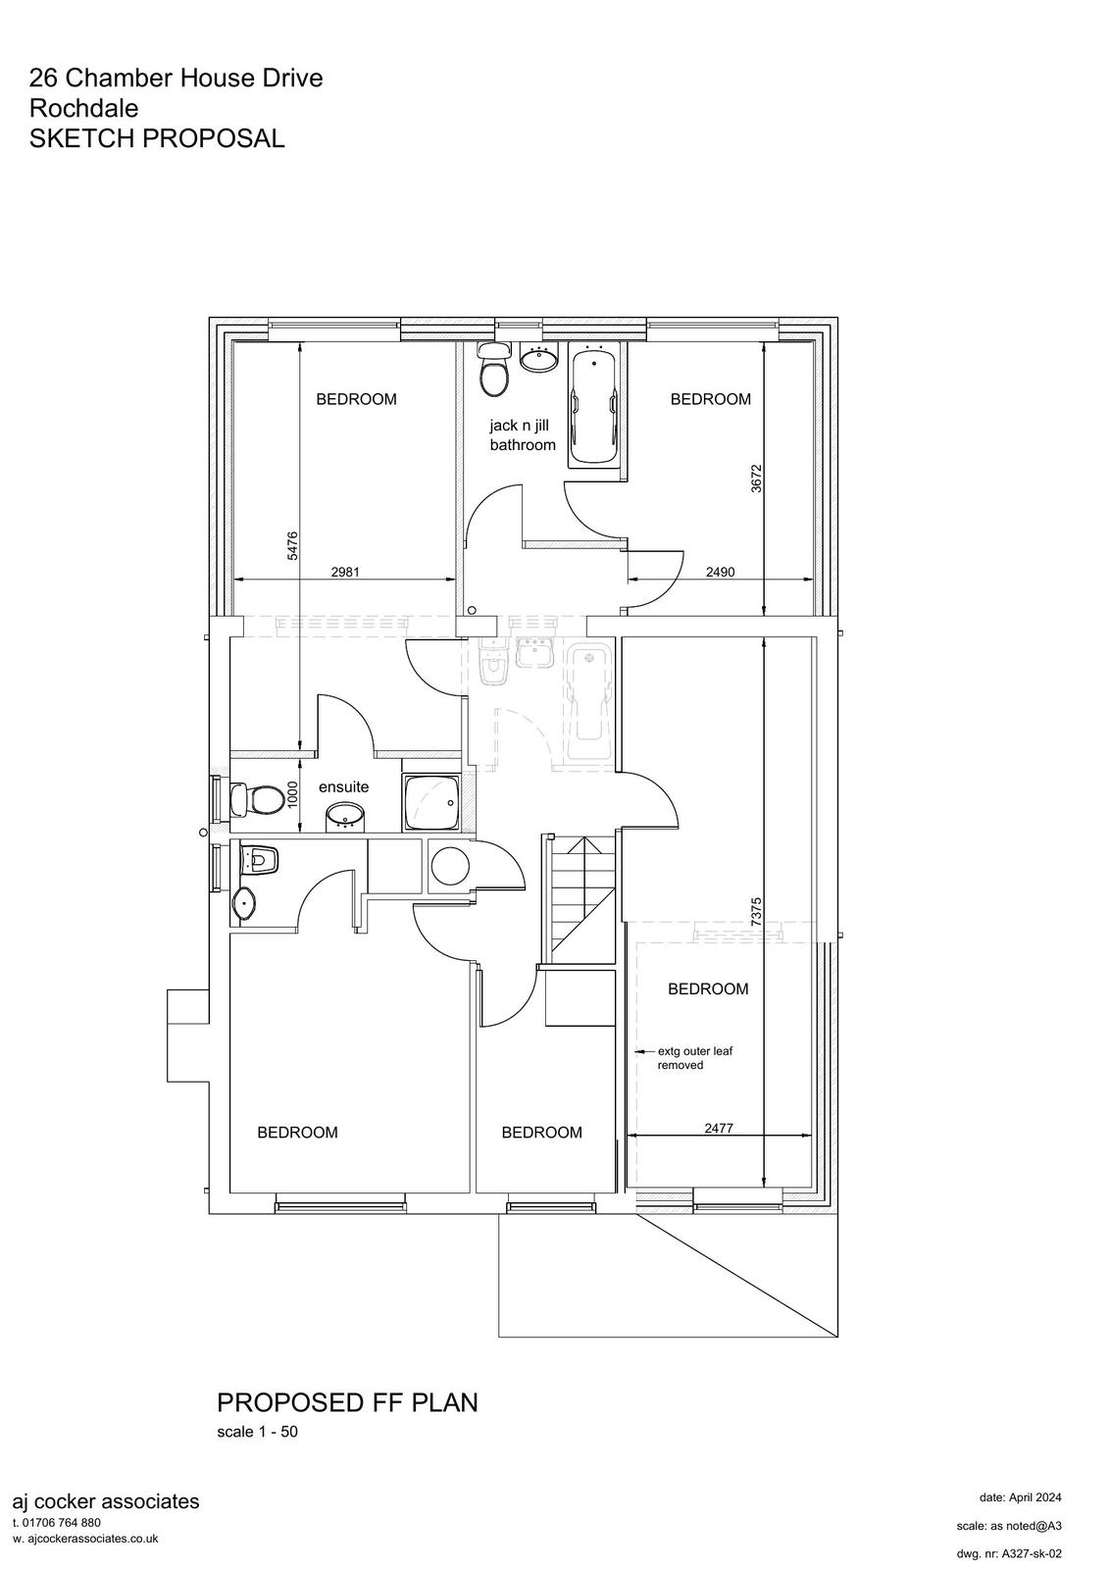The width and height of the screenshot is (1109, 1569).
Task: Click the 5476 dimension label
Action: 292,545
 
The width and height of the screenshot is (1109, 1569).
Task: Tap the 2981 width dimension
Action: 345,572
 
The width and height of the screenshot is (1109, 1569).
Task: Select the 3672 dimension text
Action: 756,479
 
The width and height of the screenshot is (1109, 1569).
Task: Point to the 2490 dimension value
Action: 720,572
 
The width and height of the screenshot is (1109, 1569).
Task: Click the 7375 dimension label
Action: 756,913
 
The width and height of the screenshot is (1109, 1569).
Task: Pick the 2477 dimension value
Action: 719,1129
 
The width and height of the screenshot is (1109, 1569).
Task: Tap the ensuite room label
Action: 343,787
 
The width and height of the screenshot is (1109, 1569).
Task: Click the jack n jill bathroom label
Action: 523,435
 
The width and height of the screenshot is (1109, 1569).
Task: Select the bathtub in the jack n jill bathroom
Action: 595,406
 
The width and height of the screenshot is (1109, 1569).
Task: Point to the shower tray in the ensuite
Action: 431,803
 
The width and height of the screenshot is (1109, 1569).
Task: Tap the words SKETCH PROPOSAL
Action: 157,138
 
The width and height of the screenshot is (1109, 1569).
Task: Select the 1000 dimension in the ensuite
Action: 292,795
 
